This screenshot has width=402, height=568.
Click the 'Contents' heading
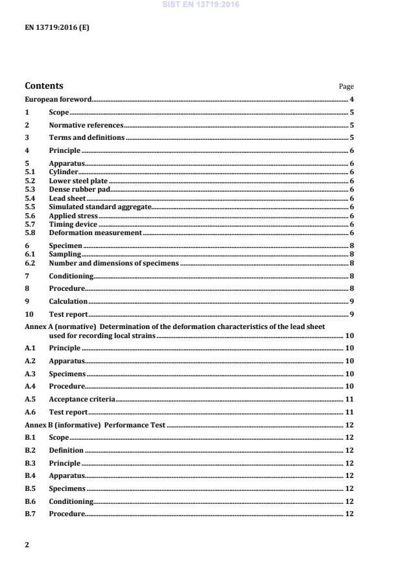click(44, 85)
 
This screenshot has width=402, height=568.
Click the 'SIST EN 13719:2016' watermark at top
click(201, 4)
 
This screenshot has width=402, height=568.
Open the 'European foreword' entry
click(58, 99)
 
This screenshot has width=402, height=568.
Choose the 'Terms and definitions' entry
click(86, 138)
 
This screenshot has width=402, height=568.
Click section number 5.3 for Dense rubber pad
click(30, 190)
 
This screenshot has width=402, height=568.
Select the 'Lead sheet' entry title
click(67, 198)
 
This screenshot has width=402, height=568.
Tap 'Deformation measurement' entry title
click(95, 232)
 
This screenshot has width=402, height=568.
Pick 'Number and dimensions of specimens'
click(113, 263)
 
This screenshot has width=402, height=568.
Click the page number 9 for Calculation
click(351, 302)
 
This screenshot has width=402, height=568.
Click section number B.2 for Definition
click(30, 450)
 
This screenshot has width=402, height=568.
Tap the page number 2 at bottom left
click(27, 545)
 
